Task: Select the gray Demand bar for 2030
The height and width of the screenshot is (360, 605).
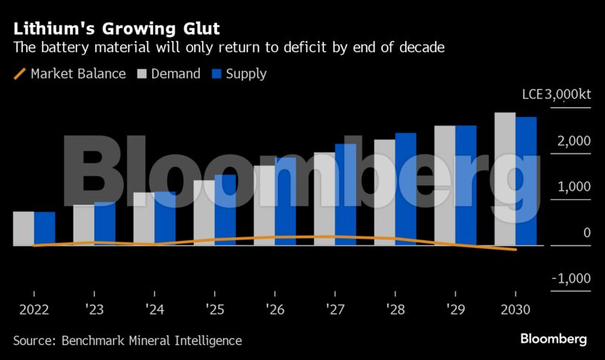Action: point(505,179)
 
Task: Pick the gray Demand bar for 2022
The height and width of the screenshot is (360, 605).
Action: point(24,228)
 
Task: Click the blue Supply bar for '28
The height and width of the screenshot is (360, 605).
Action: point(406,189)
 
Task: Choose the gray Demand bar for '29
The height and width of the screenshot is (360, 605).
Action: point(445,185)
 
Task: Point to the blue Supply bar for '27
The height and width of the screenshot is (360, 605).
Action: point(346,194)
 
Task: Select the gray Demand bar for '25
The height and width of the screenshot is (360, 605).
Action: point(204,213)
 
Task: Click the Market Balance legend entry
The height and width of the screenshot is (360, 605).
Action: point(70,74)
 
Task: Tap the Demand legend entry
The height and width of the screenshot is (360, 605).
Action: point(167,74)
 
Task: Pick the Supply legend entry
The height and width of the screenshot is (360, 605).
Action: point(239,74)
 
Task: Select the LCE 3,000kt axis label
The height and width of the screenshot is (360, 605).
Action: point(557,94)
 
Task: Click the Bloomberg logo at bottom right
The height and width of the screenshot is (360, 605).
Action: point(553,339)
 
